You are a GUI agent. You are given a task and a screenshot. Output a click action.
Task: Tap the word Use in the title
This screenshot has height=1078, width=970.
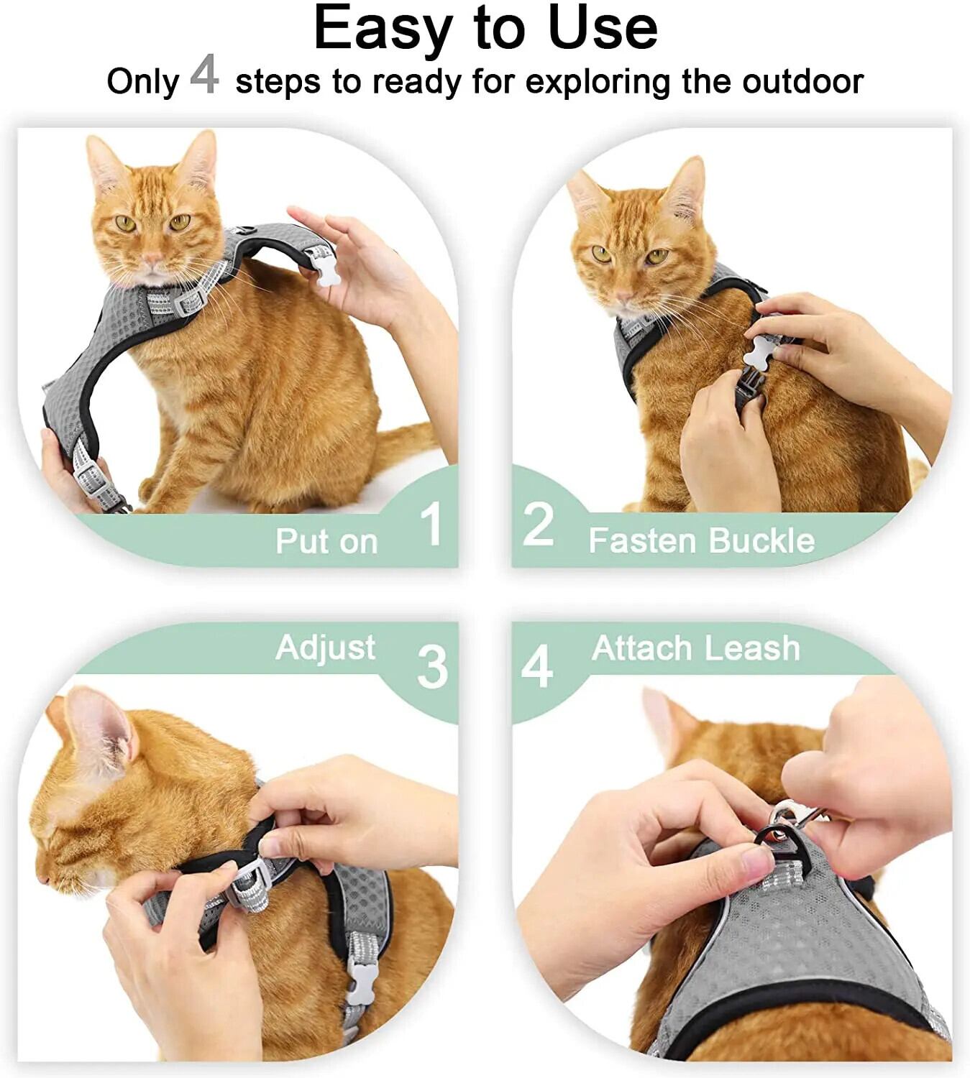point(605,28)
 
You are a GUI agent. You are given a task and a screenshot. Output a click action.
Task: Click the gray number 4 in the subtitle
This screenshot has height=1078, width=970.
point(204,75)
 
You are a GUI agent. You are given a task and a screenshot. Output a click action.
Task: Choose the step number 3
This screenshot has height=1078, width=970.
point(432,668)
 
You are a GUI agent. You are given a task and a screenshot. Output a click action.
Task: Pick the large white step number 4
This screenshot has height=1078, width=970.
point(536,667)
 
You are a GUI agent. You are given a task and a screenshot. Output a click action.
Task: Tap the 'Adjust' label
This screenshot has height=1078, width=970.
point(325,649)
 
